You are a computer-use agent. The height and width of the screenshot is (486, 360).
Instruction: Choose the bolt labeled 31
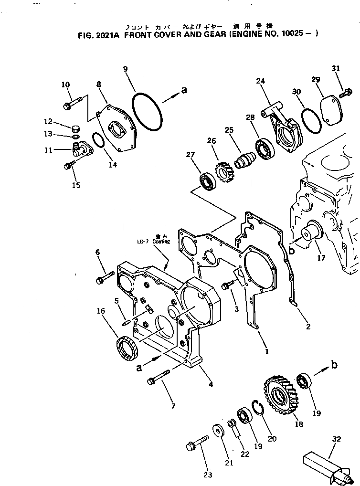click(345, 93)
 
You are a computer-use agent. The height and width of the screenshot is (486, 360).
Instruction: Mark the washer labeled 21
click(218, 431)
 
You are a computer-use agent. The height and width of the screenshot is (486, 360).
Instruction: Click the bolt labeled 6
click(105, 278)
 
